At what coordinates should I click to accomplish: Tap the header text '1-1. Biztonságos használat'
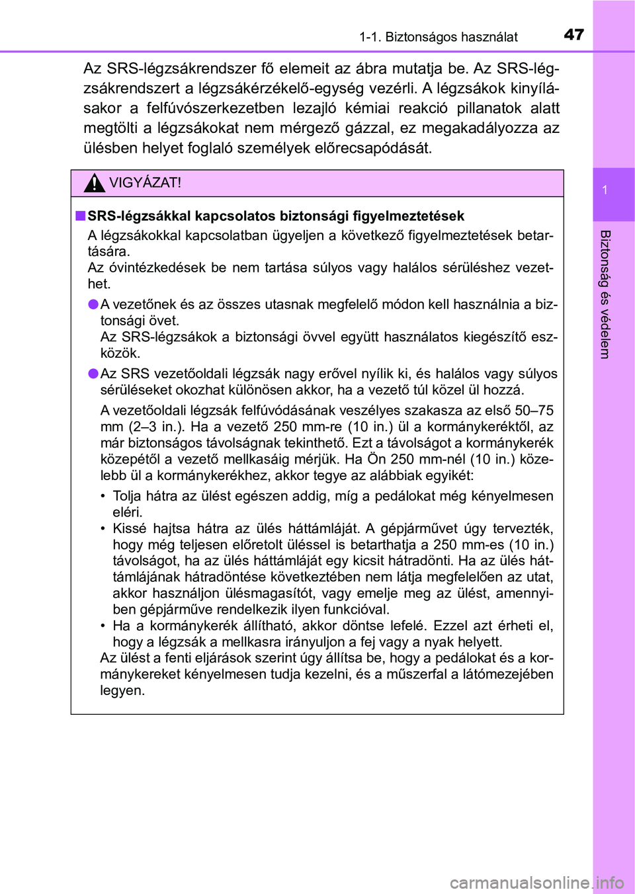(x=439, y=37)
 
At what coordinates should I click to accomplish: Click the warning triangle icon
(x=95, y=183)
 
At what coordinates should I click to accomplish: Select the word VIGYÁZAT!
(x=145, y=183)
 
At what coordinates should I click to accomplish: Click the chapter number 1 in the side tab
(x=605, y=190)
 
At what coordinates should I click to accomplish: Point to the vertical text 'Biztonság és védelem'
(x=605, y=294)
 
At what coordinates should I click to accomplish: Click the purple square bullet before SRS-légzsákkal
(x=80, y=216)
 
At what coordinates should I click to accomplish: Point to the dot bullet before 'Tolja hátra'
(x=104, y=496)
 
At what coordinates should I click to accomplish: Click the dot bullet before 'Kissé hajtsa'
(x=104, y=528)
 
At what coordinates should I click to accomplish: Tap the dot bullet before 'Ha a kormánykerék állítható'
(x=104, y=626)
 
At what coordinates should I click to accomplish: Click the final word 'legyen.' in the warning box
(x=122, y=690)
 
